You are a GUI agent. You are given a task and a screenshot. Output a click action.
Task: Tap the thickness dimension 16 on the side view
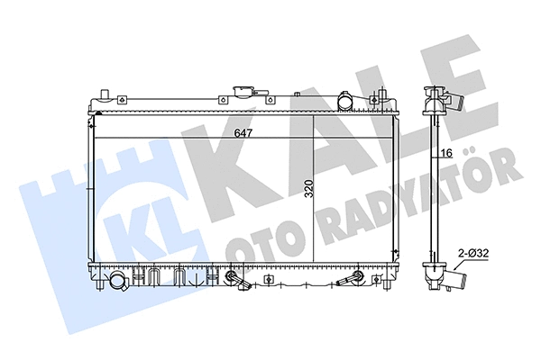pyautogui.click(x=445, y=153)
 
